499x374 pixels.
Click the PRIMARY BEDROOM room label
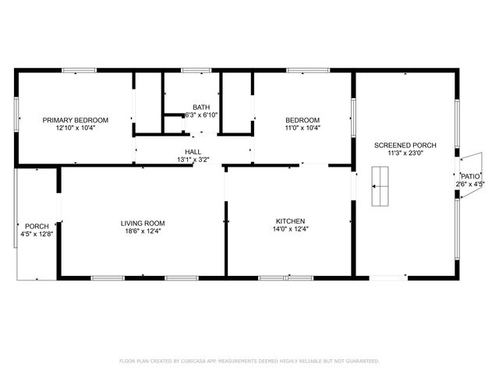76,120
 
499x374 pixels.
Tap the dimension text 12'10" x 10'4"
76,128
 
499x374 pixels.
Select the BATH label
201,107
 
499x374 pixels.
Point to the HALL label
193,152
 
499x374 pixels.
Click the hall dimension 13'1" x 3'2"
193,160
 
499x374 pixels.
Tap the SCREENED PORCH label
405,145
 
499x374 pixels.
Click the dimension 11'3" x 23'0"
405,153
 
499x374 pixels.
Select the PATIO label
470,176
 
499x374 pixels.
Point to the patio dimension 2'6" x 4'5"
471,184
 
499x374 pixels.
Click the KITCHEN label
290,221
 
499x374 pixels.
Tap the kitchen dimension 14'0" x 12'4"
290,229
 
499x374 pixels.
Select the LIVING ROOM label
143,223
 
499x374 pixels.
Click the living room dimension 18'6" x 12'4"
143,231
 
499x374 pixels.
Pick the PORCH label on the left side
37,226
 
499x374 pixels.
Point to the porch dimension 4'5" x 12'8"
37,234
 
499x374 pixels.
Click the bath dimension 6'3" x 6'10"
201,115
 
